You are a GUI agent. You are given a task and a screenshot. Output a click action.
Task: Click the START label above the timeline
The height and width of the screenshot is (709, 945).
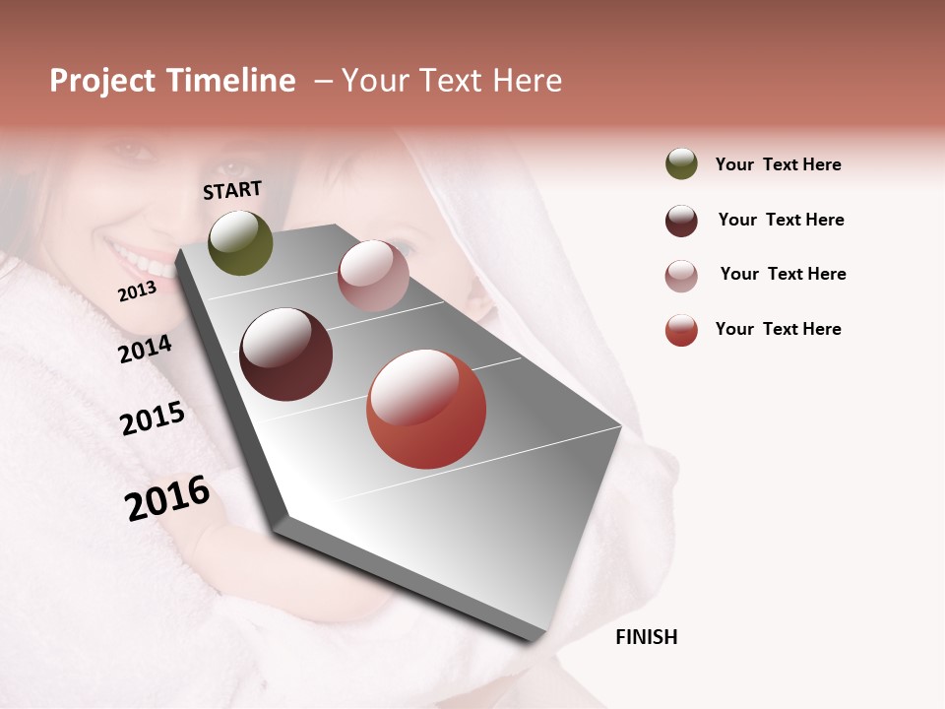[x=232, y=190]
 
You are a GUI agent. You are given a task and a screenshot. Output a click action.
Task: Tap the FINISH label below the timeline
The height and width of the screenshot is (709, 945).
[x=646, y=637]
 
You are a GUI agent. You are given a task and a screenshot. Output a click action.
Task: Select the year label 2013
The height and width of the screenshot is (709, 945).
[x=137, y=291]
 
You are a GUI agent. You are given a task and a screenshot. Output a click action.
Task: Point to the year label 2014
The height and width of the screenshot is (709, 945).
[x=146, y=349]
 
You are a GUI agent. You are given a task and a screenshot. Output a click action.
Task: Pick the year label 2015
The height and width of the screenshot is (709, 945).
[x=153, y=419]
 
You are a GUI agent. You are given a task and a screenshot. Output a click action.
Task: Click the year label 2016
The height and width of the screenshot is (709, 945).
[x=167, y=497]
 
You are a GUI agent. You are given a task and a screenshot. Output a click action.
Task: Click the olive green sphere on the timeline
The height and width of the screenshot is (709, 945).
[x=240, y=243]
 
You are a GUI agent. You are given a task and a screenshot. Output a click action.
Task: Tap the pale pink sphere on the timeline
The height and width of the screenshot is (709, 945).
[x=373, y=276]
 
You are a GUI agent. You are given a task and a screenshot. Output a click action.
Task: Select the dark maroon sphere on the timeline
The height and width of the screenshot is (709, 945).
[x=286, y=354]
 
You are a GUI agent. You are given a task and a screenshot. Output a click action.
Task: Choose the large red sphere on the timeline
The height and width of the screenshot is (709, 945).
[x=426, y=410]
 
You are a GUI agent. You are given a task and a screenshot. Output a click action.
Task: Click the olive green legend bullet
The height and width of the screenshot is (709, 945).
[x=681, y=164]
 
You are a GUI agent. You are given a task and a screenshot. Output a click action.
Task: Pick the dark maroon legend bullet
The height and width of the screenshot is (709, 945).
[x=681, y=221]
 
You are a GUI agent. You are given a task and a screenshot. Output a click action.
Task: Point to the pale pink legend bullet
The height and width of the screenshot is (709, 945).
[x=681, y=276]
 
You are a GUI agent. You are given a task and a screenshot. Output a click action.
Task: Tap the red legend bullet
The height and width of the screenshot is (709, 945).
[x=681, y=330]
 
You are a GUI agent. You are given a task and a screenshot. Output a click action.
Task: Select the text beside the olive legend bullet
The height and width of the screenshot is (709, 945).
[x=778, y=164]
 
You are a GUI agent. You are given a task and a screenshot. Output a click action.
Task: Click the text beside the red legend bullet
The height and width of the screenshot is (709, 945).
[x=778, y=329]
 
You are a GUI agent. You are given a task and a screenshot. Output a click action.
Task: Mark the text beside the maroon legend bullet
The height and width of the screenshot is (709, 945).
[x=781, y=220]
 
